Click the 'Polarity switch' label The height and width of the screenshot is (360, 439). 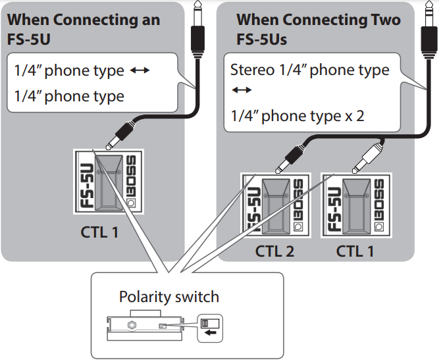[x=169, y=297]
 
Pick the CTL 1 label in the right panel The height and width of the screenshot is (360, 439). [x=359, y=251]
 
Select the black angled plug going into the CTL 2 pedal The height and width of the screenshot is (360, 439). [x=289, y=158]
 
